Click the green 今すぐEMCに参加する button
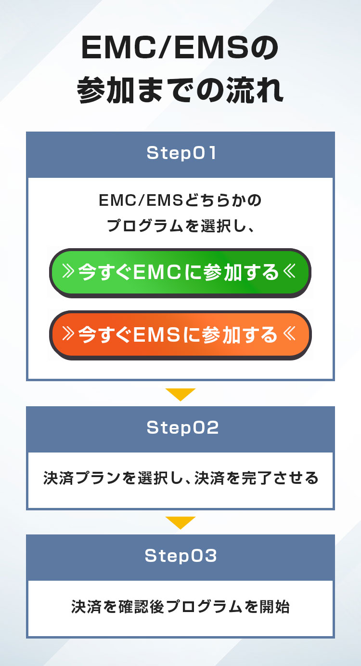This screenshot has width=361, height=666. tap(180, 273)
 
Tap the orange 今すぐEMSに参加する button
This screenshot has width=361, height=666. tap(180, 335)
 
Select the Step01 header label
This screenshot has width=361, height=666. tap(180, 154)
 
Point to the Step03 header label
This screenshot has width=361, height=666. tap(180, 556)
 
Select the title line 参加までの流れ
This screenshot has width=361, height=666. tap(180, 90)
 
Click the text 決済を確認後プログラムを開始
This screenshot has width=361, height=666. tap(180, 607)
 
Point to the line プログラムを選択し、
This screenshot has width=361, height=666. tap(180, 226)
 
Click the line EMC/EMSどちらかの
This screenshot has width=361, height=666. tap(180, 200)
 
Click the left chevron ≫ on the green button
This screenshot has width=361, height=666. tap(68, 273)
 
